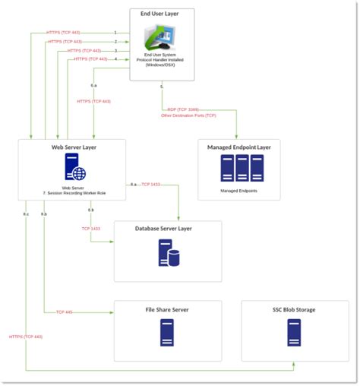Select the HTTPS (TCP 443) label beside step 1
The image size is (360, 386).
[64, 33]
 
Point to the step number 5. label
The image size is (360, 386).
[162, 87]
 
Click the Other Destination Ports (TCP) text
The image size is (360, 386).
[188, 116]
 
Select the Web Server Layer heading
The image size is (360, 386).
[74, 146]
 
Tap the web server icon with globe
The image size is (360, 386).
[74, 166]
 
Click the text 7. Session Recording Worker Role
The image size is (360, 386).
[73, 193]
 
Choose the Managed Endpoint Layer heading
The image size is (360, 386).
[238, 146]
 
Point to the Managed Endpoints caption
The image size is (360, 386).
[238, 191]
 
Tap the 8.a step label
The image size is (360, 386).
[133, 185]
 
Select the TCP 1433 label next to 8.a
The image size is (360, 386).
[150, 185]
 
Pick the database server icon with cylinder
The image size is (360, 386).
[168, 253]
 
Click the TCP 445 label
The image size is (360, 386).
[64, 312]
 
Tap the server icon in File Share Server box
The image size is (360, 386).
[167, 333]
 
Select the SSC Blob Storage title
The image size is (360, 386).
[293, 310]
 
